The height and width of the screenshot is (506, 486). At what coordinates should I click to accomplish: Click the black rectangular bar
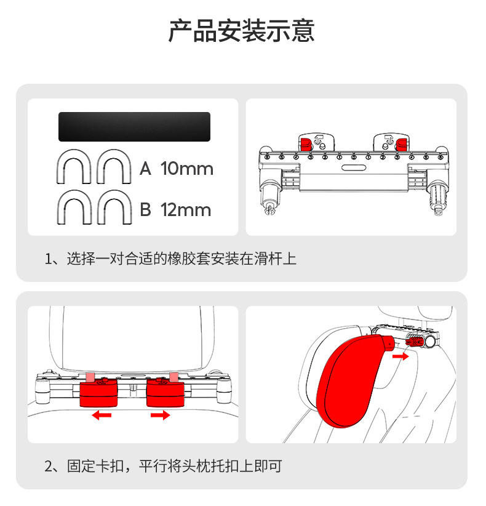point(134,127)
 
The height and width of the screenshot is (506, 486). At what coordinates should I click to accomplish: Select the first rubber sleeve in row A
point(74,166)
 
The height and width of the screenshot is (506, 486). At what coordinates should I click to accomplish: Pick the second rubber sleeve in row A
point(114,166)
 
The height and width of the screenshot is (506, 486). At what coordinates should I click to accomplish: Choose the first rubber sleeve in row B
point(74,207)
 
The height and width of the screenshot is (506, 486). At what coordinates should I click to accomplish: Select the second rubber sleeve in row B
point(114,207)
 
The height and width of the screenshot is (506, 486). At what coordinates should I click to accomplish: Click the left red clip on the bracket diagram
point(306,144)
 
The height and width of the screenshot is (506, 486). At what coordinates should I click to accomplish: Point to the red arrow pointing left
point(102,416)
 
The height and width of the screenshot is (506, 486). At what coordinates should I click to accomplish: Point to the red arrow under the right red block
point(160,416)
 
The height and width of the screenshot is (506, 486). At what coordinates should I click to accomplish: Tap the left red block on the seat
point(100,392)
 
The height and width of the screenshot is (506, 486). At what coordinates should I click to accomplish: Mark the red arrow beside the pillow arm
point(400,356)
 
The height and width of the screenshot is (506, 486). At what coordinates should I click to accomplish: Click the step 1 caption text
point(171,259)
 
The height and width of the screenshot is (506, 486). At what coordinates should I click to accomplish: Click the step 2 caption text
point(163,466)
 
